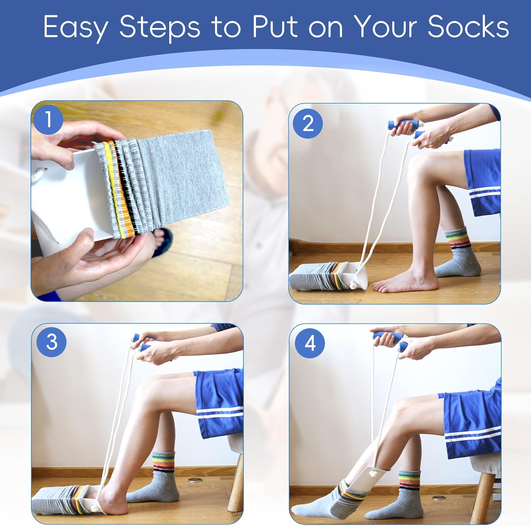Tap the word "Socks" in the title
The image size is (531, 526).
pos(468,27)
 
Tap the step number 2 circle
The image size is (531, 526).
pos(308,124)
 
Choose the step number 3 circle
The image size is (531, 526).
pos(52,342)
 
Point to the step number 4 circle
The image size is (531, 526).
pos(310,343)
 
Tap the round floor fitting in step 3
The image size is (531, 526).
pos(194,480)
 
